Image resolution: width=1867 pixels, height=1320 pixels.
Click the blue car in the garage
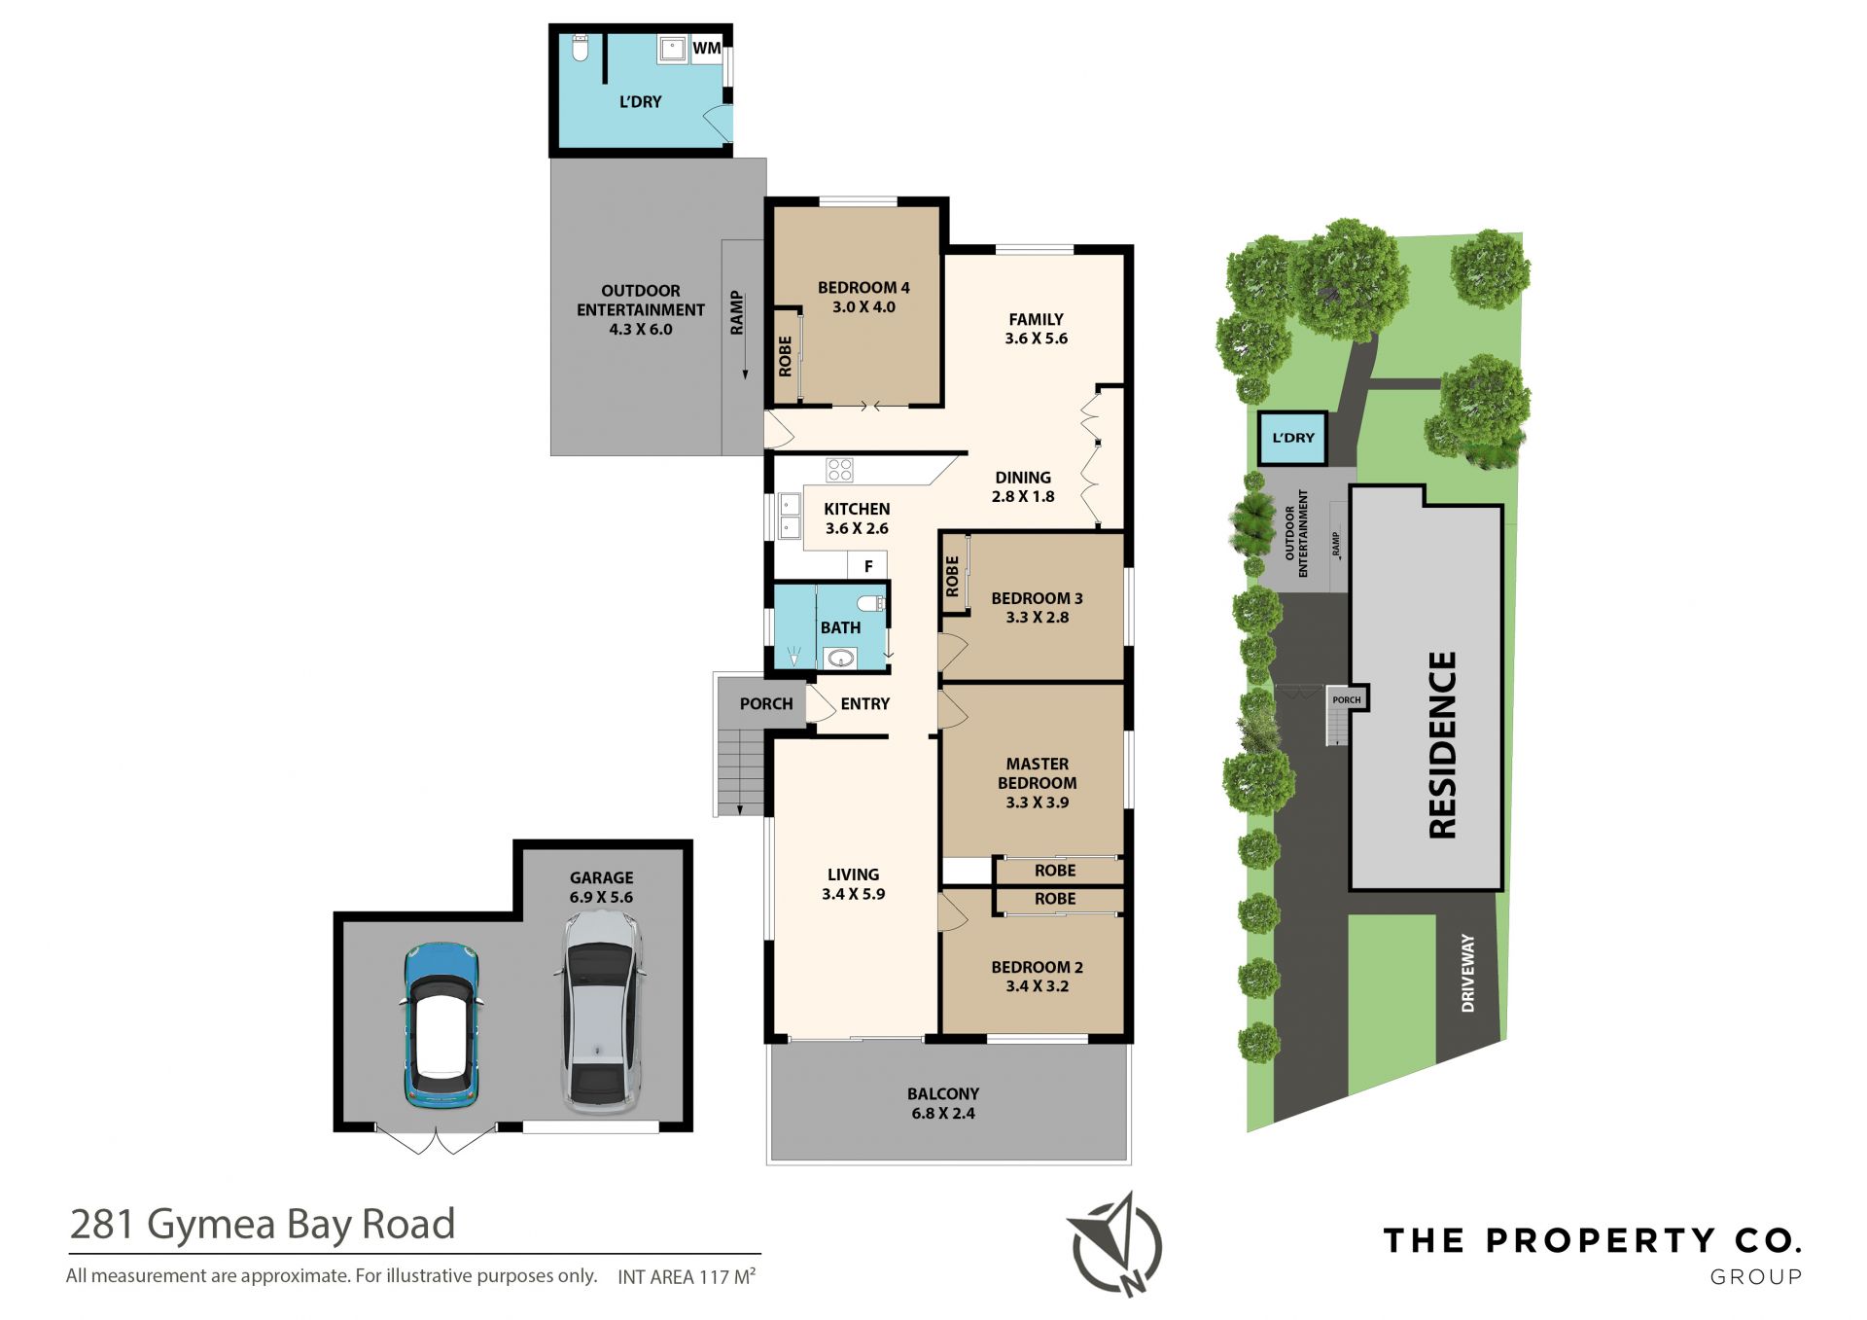pyautogui.click(x=441, y=1025)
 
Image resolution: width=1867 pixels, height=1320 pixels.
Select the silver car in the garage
pyautogui.click(x=600, y=1013)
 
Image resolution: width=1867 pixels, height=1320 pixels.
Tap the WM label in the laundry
pyautogui.click(x=707, y=48)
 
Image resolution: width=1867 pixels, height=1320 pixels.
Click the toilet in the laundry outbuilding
pyautogui.click(x=581, y=49)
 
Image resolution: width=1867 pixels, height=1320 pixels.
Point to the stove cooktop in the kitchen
pyautogui.click(x=839, y=470)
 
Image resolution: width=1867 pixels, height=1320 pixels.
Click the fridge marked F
pyautogui.click(x=868, y=565)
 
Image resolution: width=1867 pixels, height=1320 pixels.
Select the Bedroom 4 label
pyautogui.click(x=863, y=288)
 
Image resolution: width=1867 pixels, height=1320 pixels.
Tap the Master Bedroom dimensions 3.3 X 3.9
pyautogui.click(x=1038, y=803)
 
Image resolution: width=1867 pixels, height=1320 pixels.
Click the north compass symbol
pyautogui.click(x=1117, y=1246)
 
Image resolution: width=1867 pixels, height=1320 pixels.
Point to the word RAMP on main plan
pyautogui.click(x=737, y=312)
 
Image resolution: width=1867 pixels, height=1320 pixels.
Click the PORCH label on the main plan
pyautogui.click(x=766, y=703)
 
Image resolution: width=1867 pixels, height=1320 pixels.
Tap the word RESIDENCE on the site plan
pyautogui.click(x=1442, y=744)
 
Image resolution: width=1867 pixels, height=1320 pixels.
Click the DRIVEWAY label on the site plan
pyautogui.click(x=1468, y=973)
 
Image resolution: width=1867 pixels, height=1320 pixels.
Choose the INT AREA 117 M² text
pyautogui.click(x=687, y=1276)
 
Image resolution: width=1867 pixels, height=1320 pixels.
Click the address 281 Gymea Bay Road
pyautogui.click(x=263, y=1224)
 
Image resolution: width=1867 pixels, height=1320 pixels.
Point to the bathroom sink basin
pyautogui.click(x=840, y=660)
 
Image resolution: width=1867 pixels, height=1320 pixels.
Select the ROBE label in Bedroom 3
pyautogui.click(x=952, y=576)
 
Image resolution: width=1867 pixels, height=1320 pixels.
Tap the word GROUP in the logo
pyautogui.click(x=1756, y=1276)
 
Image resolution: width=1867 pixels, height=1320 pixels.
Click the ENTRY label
pyautogui.click(x=865, y=703)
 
